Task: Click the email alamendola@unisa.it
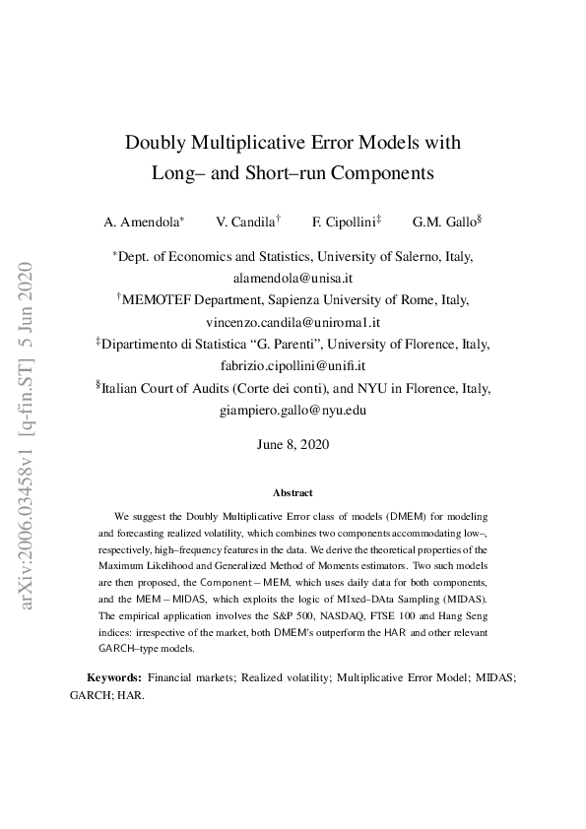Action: (293, 279)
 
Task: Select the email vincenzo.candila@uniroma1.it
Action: (293, 322)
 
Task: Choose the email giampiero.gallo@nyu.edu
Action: (293, 410)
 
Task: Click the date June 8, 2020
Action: (293, 444)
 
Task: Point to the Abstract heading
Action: (293, 492)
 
